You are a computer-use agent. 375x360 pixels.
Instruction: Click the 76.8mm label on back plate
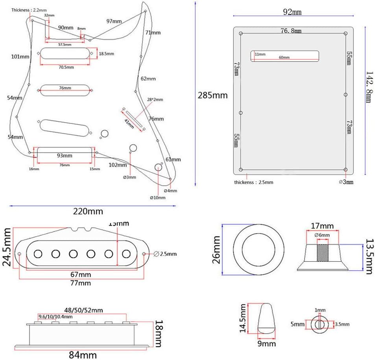tap(291, 31)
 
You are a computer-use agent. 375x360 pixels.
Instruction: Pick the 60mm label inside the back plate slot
tap(284, 57)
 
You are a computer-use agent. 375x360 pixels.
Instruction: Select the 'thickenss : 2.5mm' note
tap(253, 182)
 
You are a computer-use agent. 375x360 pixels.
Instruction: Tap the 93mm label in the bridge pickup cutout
tap(65, 155)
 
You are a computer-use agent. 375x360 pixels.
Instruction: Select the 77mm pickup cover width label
tap(81, 283)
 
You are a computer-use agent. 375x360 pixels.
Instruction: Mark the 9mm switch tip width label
tap(267, 343)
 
